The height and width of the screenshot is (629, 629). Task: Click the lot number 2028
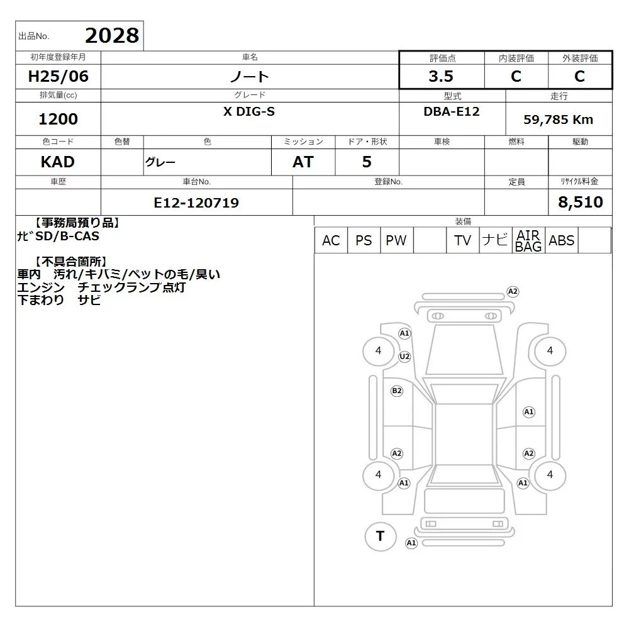click(x=112, y=36)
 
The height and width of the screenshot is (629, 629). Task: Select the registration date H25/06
click(x=58, y=76)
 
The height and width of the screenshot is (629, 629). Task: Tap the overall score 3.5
click(x=441, y=76)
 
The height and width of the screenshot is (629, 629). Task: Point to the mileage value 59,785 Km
click(x=558, y=120)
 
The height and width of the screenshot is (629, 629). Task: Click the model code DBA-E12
click(x=452, y=111)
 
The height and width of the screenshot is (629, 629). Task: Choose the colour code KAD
click(x=58, y=162)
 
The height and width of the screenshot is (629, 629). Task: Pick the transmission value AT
click(x=303, y=162)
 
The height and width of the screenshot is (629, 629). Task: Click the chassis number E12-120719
click(x=196, y=203)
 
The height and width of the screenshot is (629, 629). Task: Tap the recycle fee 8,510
click(x=581, y=202)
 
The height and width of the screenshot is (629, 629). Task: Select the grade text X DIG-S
click(x=249, y=111)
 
